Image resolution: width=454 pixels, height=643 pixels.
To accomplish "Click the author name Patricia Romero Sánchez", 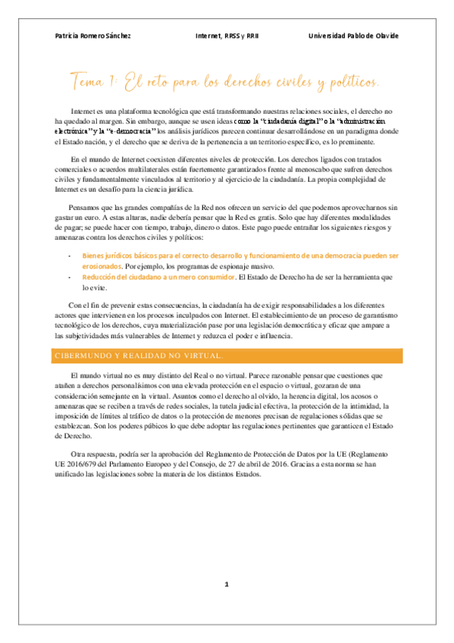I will pyautogui.click(x=92, y=36).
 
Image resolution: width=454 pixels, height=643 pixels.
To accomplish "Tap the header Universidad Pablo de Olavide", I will pyautogui.click(x=353, y=36).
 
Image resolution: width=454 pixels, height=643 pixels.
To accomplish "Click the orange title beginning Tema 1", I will pyautogui.click(x=224, y=80).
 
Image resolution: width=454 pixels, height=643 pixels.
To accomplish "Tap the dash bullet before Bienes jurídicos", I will pyautogui.click(x=70, y=256).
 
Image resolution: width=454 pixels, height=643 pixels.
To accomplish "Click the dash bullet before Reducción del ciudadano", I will pyautogui.click(x=70, y=278).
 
